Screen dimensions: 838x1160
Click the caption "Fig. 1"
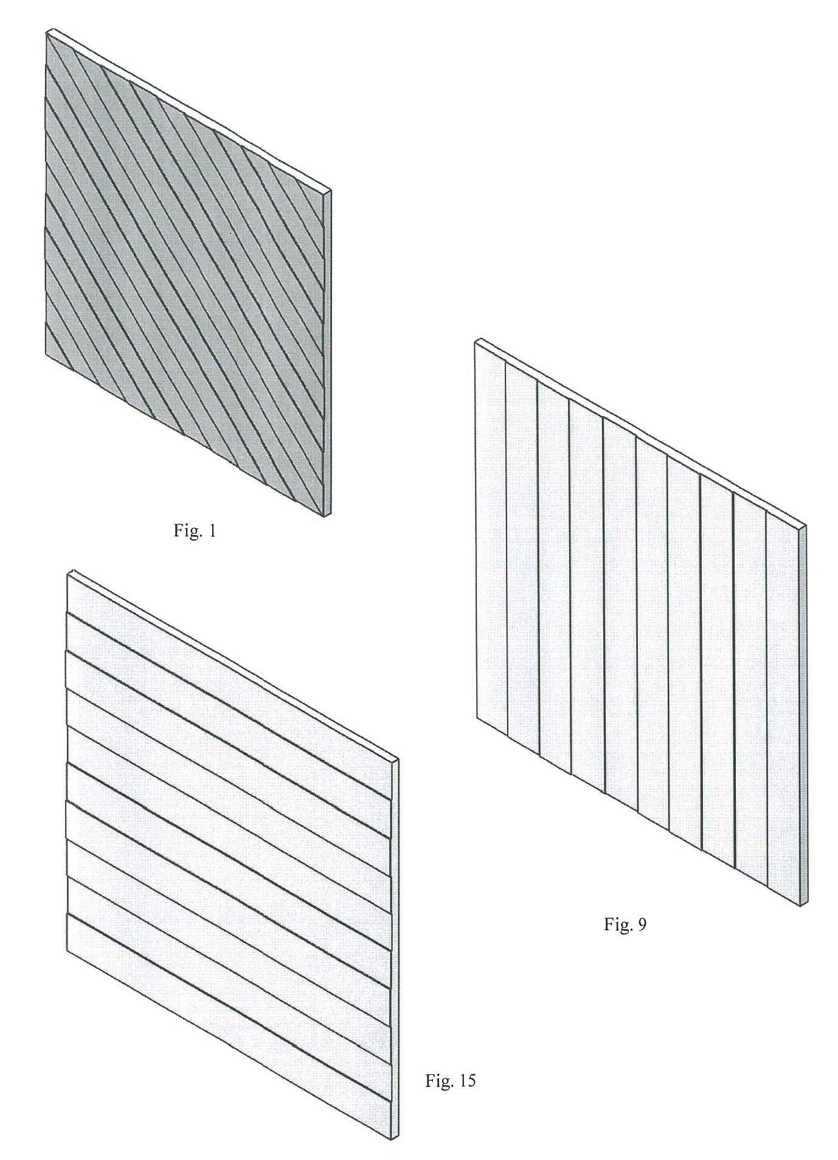pyautogui.click(x=195, y=531)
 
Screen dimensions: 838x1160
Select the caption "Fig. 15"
pyautogui.click(x=450, y=1081)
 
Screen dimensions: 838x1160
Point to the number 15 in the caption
pyautogui.click(x=466, y=1081)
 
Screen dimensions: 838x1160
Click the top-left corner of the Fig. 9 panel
pyautogui.click(x=476, y=344)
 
